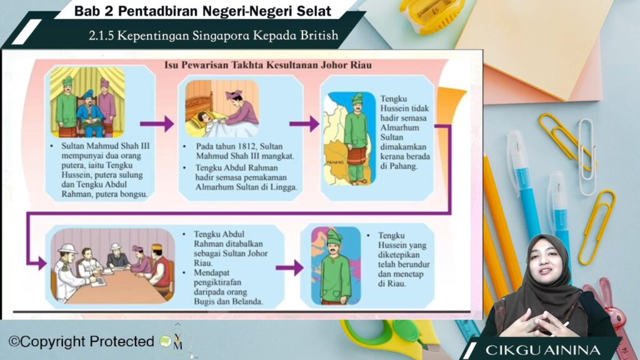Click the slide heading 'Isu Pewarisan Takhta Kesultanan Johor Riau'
click(268, 65)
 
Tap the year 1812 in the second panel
click(246, 146)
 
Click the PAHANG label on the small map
click(335, 162)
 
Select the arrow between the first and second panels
click(157, 124)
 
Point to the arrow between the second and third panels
click(304, 124)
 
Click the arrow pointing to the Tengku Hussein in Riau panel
click(290, 267)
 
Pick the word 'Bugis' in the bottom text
click(205, 302)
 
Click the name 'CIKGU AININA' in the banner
click(543, 350)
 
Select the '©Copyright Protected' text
click(82, 342)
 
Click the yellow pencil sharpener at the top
click(432, 14)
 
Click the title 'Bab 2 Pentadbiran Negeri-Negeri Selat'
click(203, 11)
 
